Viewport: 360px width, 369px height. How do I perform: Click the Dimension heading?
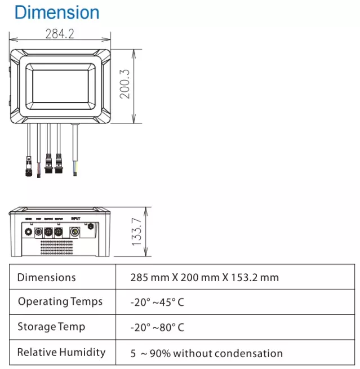57,12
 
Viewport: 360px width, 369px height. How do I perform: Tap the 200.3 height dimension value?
125,84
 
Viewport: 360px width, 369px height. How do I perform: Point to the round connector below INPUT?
74,231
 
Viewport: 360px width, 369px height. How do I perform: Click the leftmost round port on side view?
26,231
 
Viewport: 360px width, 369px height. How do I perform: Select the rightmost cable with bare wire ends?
75,152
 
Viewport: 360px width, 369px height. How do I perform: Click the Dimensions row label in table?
46,277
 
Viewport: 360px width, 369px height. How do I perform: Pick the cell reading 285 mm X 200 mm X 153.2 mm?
204,277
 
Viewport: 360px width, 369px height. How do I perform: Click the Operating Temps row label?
60,301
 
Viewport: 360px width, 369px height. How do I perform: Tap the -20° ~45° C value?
157,303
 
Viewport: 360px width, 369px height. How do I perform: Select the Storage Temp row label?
51,327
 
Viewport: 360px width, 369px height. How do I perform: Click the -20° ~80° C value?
157,327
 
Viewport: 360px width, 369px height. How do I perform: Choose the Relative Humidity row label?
61,352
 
